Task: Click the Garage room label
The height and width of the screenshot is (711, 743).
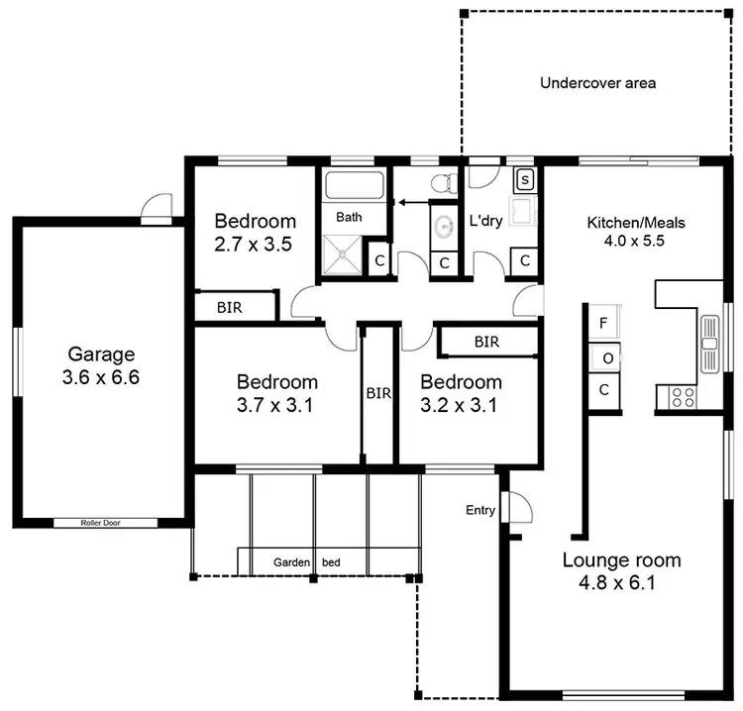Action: [101, 354]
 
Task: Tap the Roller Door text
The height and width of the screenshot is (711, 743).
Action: [104, 522]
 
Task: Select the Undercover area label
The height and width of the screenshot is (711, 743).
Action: [597, 83]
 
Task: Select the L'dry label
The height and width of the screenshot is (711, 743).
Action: [487, 219]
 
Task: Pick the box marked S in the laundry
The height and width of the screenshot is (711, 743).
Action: [525, 179]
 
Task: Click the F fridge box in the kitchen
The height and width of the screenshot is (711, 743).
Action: [603, 323]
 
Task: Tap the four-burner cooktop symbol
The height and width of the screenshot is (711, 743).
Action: [684, 397]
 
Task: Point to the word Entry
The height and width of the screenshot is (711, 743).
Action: [480, 510]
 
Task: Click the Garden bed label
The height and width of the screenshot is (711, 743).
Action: [307, 562]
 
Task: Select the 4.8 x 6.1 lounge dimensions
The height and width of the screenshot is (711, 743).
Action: [621, 582]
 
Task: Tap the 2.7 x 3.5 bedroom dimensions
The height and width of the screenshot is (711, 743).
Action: [254, 244]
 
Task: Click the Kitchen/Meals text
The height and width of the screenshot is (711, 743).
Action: [636, 222]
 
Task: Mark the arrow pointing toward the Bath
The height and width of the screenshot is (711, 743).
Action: [416, 202]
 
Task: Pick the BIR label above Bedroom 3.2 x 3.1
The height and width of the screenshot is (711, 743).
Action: [485, 342]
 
